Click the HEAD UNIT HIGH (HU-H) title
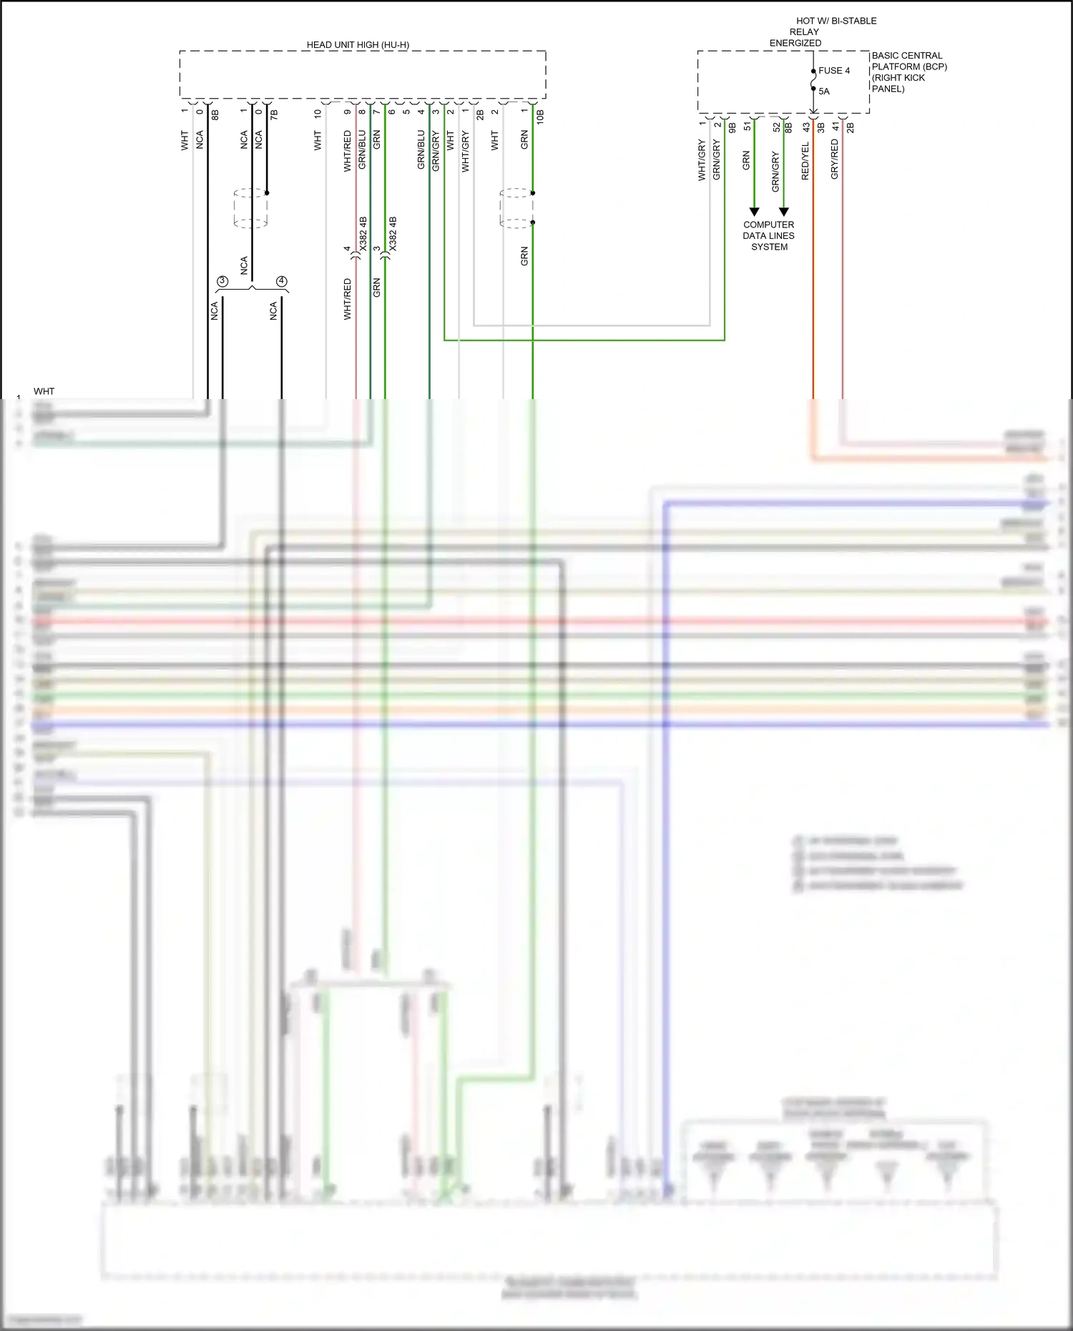click(358, 45)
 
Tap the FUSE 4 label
click(834, 71)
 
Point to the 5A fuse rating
click(824, 92)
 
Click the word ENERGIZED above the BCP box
click(795, 43)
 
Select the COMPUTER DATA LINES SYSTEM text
click(769, 235)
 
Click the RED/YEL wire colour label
click(805, 161)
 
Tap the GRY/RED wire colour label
click(835, 159)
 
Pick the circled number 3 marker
click(222, 281)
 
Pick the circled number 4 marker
click(281, 281)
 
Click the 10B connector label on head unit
click(541, 117)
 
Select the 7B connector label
click(274, 114)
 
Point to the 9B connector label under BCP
click(733, 128)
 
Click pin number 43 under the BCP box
click(806, 127)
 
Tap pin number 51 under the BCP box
click(748, 126)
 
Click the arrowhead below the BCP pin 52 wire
click(784, 212)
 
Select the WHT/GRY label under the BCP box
click(702, 160)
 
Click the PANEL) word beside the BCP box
click(888, 89)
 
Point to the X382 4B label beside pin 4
click(363, 233)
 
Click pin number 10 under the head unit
click(318, 114)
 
